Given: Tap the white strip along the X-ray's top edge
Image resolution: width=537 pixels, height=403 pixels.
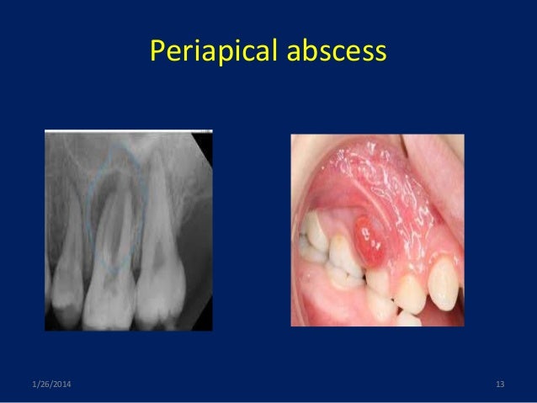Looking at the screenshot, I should [126, 131].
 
